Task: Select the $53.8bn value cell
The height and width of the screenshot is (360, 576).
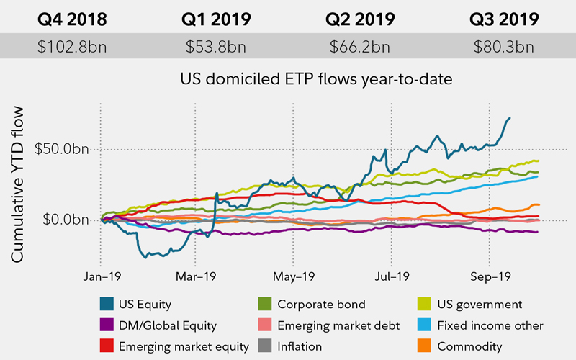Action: tap(215, 48)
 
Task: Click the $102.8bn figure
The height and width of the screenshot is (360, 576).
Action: tap(72, 48)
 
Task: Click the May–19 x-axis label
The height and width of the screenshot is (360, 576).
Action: tap(293, 276)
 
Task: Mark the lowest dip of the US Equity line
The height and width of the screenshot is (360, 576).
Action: tap(147, 256)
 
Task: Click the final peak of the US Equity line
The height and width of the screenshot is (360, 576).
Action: tap(510, 118)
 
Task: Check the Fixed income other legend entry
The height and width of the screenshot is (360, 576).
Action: tap(495, 325)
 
